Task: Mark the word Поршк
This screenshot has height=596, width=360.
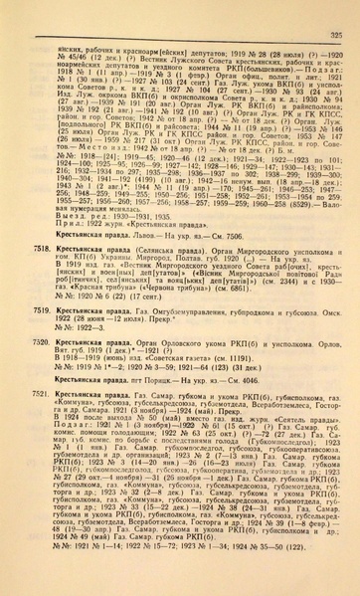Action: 145,380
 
